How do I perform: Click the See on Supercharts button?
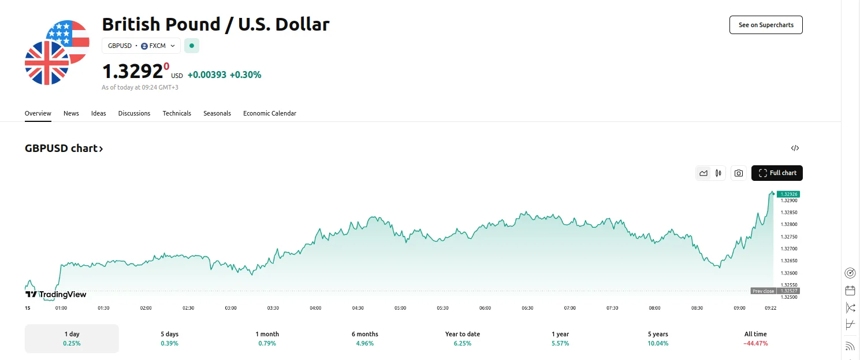[x=766, y=25]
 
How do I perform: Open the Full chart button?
[x=777, y=173]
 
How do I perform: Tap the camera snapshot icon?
[x=738, y=173]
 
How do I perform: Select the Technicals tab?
[x=177, y=113]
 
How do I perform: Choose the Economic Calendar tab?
[x=269, y=113]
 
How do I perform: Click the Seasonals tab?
[x=217, y=113]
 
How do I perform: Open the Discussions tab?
[x=134, y=113]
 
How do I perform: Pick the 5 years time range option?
[x=658, y=338]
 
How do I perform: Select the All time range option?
[x=755, y=338]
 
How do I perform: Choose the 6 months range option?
[x=365, y=338]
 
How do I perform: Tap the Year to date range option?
[x=463, y=338]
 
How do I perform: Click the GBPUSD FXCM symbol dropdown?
[x=141, y=46]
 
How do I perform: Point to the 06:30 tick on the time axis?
[x=527, y=308]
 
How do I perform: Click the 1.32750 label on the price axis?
[x=788, y=237]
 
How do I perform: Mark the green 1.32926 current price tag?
[x=788, y=194]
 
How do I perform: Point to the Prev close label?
[x=763, y=291]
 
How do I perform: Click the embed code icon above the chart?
[x=795, y=148]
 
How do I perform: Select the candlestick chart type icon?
[x=718, y=173]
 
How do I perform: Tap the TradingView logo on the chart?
[x=56, y=294]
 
